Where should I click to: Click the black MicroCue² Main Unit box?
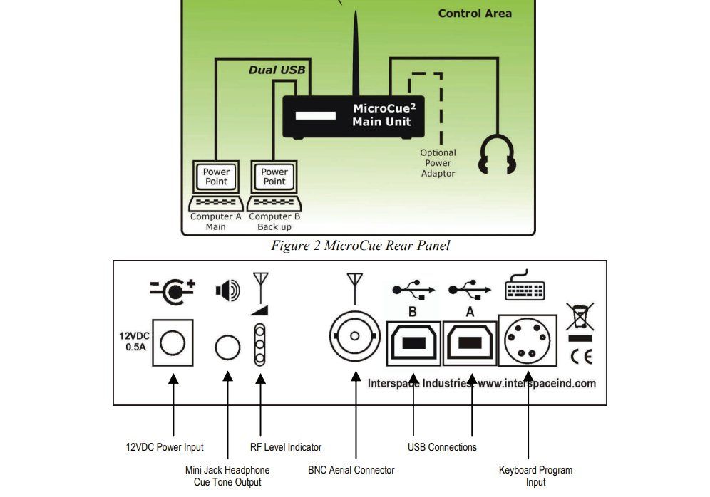click(354, 116)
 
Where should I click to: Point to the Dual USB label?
click(277, 70)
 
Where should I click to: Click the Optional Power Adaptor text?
click(438, 163)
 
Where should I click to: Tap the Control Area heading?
click(474, 13)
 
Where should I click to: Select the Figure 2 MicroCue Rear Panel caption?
click(360, 246)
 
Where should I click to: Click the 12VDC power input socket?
click(172, 343)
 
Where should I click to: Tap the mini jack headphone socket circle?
click(227, 347)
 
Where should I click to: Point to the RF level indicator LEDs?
click(260, 345)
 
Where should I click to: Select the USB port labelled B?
click(413, 342)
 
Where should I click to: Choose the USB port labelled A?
click(470, 342)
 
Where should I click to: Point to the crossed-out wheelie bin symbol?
click(579, 317)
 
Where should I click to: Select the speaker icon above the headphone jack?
click(227, 291)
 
